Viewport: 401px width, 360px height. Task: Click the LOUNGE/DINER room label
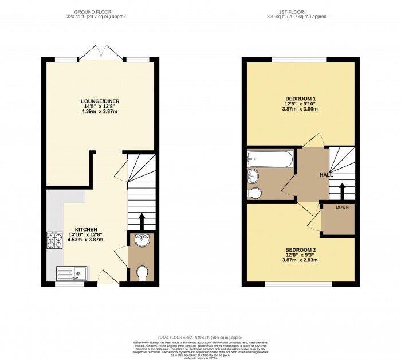click(100, 101)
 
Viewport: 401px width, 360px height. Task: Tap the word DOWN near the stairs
click(342, 207)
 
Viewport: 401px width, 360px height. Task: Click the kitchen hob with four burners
click(54, 240)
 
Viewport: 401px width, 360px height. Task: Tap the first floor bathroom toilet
click(254, 193)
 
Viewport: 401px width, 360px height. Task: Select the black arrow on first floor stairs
click(343, 190)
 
